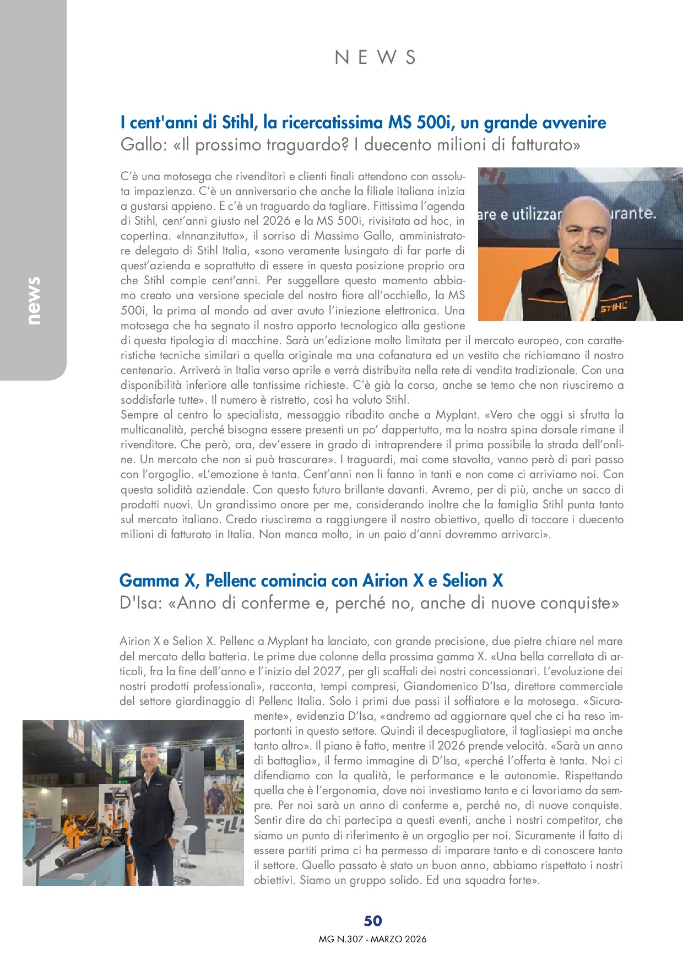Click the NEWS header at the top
click(375, 57)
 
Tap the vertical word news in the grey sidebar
click(34, 301)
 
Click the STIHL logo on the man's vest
click(613, 307)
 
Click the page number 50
click(373, 921)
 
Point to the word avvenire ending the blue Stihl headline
click(574, 122)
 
